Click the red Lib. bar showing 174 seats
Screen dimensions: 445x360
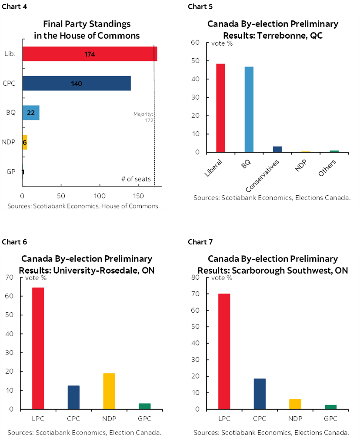tap(89, 54)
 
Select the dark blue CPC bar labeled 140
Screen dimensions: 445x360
tap(76, 83)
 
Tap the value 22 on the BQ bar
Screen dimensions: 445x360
tap(30, 113)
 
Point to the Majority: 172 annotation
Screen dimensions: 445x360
tap(143, 117)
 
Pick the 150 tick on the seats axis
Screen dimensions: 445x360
tap(138, 196)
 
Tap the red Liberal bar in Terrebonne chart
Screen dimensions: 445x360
tap(220, 108)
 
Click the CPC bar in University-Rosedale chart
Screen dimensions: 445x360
tap(73, 397)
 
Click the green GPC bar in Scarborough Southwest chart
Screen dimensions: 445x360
tap(330, 407)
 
